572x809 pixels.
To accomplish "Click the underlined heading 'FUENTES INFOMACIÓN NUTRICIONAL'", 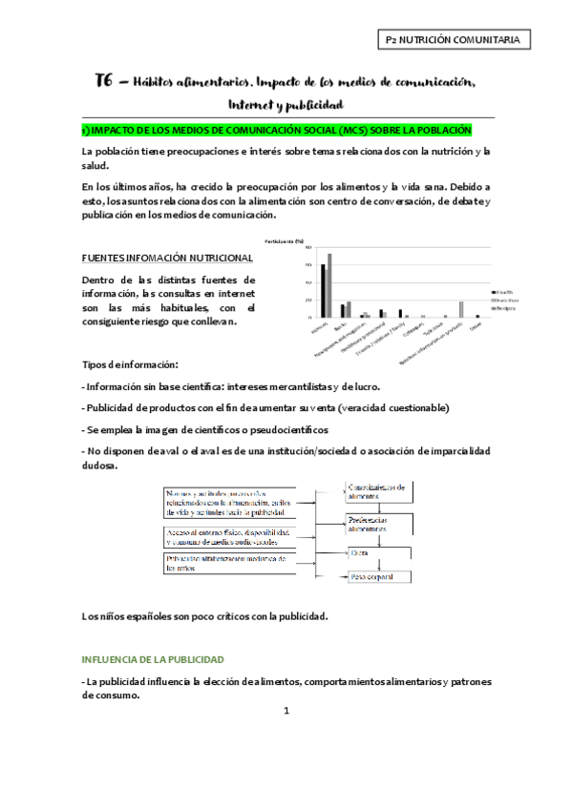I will [x=167, y=258].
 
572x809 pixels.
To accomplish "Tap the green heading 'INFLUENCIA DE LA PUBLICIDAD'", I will [x=153, y=659].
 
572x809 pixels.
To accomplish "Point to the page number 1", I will [x=286, y=711].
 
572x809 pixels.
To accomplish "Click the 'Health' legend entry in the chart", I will [x=504, y=292].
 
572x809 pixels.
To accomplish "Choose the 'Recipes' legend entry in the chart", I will [x=505, y=309].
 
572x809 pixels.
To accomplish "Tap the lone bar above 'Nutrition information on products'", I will [x=460, y=309].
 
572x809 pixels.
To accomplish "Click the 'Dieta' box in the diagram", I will [x=380, y=552].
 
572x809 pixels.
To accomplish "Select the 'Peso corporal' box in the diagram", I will [x=380, y=577].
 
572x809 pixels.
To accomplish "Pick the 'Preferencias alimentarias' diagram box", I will [x=380, y=522].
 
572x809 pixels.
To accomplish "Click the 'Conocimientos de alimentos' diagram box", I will [x=380, y=491].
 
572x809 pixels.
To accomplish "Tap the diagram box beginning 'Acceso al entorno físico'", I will [x=225, y=534].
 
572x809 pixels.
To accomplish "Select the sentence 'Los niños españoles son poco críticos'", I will [x=205, y=615].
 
